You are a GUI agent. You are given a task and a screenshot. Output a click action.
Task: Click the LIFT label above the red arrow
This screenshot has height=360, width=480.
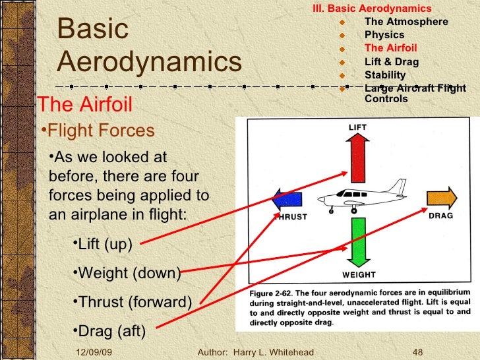pos(357,127)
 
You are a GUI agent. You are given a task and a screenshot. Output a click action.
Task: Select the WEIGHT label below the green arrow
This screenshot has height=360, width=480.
pos(359,274)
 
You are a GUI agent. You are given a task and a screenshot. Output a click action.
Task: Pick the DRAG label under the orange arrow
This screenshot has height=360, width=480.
pos(440,216)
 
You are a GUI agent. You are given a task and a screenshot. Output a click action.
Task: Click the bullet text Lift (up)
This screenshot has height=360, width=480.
pos(104,245)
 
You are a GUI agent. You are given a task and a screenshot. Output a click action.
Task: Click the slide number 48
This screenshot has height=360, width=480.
pos(417,353)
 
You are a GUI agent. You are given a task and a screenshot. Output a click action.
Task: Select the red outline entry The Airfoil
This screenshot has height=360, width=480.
pos(390,48)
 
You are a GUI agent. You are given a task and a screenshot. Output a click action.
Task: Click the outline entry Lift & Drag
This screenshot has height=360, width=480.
pos(391,62)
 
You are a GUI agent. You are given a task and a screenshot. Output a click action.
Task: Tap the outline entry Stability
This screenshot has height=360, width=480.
pos(385,75)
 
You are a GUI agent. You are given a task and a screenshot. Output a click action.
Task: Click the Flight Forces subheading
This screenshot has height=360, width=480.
pos(101,131)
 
